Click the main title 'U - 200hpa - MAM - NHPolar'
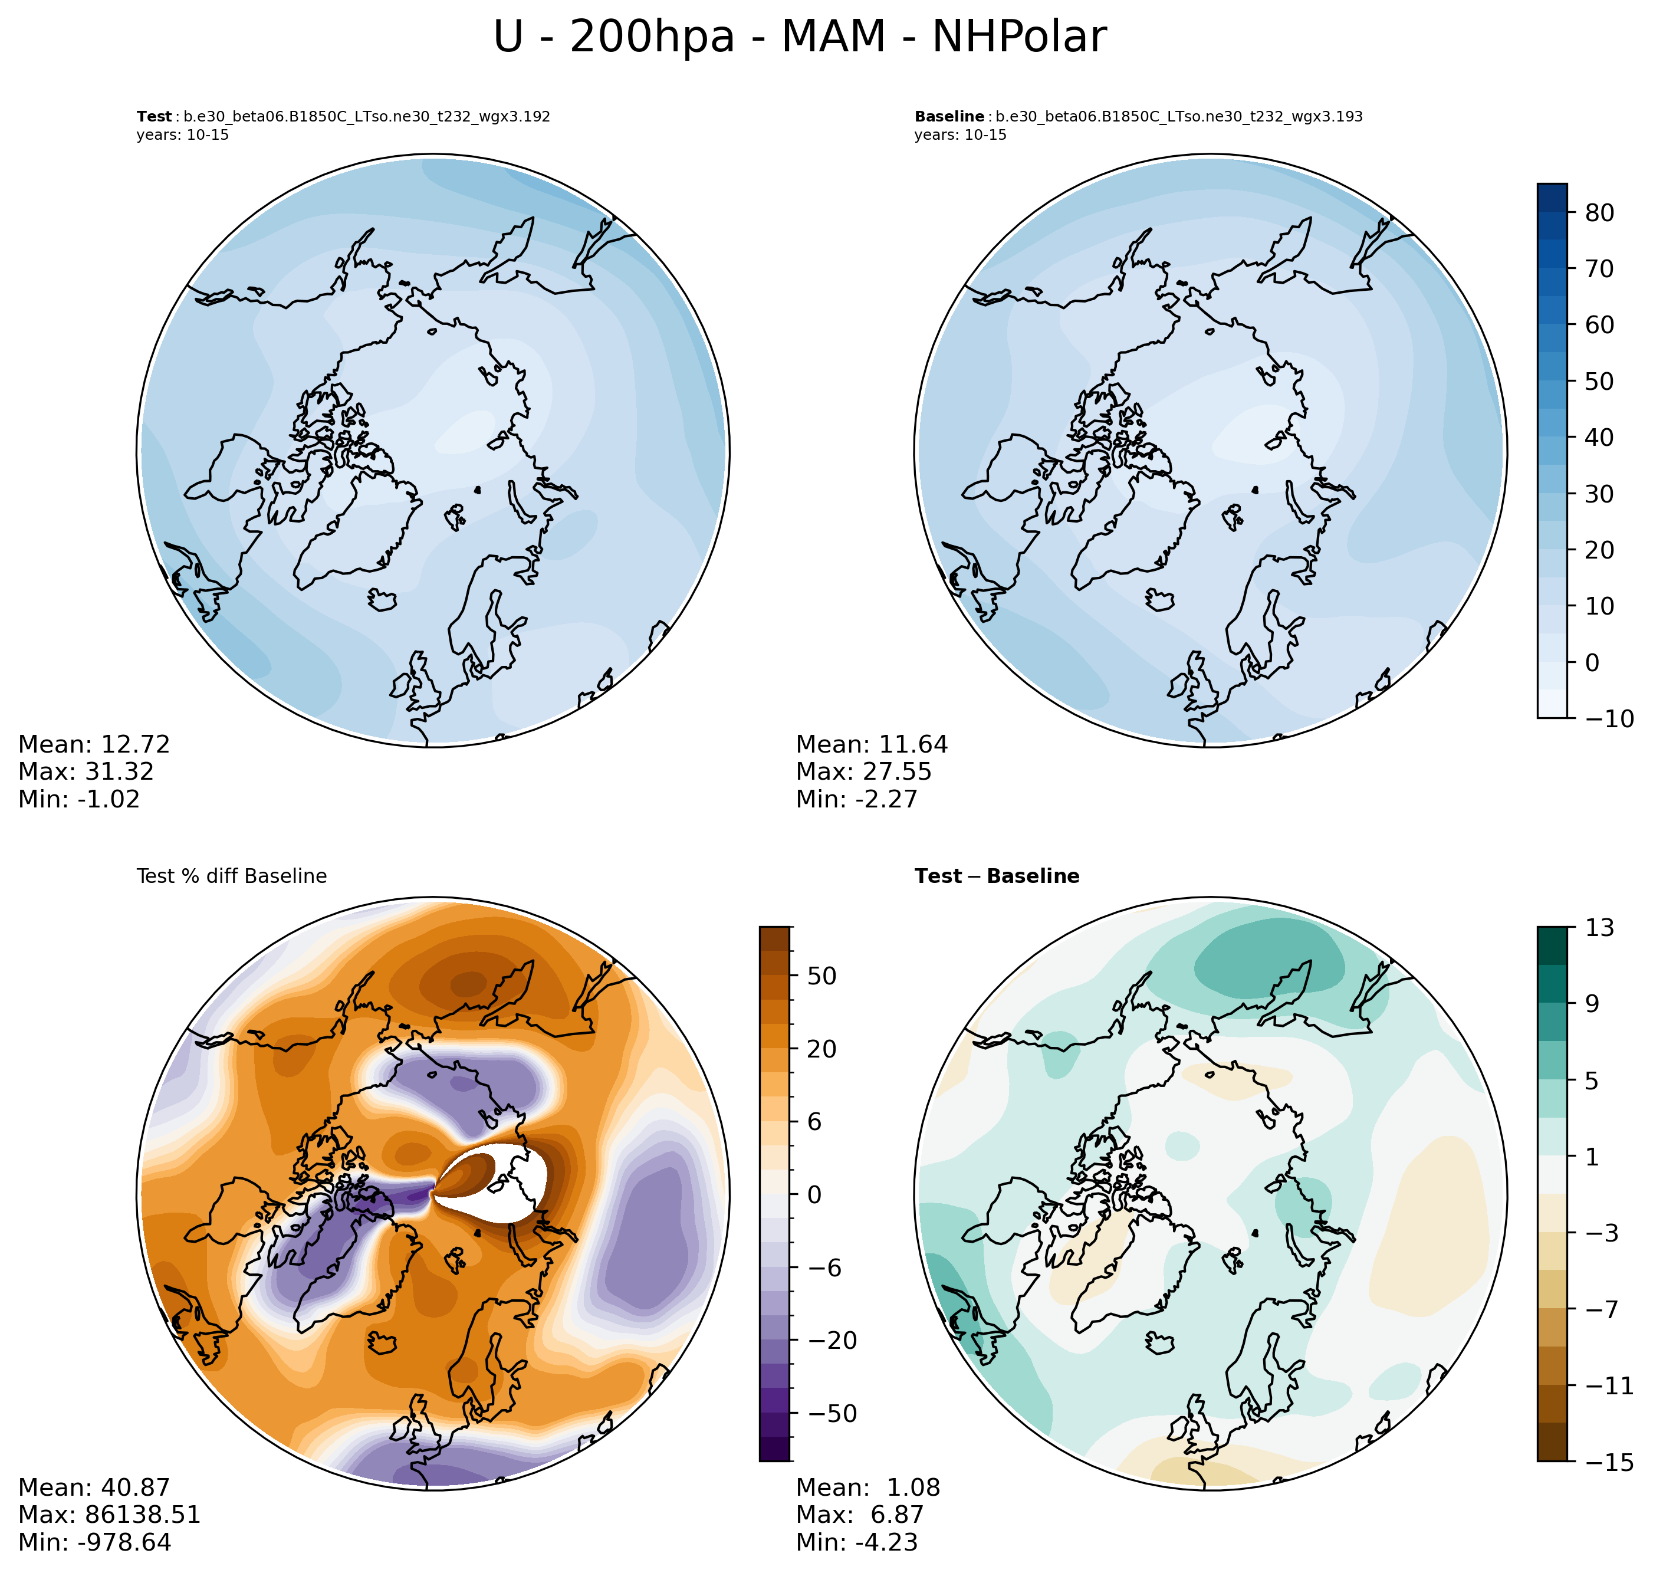click(x=799, y=38)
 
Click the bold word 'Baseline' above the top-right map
click(x=949, y=117)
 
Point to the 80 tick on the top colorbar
click(x=1599, y=213)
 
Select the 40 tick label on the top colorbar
click(x=1599, y=438)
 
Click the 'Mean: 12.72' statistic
click(x=94, y=744)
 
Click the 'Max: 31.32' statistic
click(x=86, y=771)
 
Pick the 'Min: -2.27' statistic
click(x=857, y=799)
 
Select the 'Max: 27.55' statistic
click(x=863, y=771)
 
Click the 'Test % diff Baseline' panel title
click(x=231, y=876)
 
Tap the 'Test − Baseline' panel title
click(x=997, y=876)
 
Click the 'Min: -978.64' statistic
click(x=95, y=1542)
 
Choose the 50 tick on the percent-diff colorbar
click(x=821, y=976)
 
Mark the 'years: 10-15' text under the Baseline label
click(x=960, y=135)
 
